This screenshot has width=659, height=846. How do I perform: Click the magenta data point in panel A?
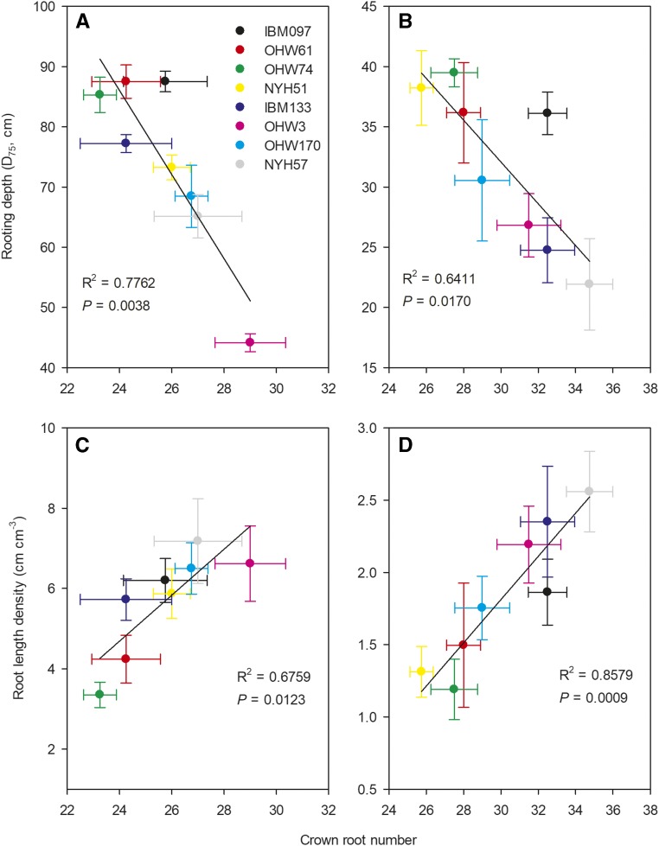[x=250, y=342]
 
